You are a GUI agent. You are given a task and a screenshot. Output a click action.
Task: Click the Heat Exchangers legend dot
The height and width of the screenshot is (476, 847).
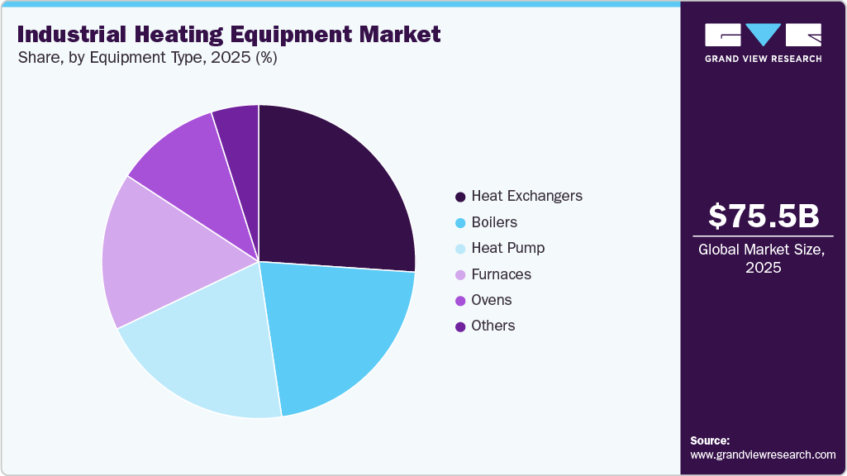[460, 197]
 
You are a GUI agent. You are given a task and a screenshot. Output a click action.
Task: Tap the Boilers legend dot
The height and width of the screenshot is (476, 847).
[460, 223]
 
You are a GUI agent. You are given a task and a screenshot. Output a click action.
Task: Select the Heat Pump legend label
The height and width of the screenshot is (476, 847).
[507, 248]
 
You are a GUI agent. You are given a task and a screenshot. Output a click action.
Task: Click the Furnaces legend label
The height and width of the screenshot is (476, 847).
[501, 274]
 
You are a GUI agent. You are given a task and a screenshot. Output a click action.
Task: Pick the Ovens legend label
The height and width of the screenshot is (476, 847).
[491, 300]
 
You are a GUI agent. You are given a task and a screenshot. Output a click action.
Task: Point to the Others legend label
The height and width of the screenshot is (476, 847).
[492, 326]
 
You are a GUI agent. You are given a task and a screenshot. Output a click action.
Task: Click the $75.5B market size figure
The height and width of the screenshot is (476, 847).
[764, 216]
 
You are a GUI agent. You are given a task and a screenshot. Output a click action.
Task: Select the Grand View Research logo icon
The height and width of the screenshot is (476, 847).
[763, 35]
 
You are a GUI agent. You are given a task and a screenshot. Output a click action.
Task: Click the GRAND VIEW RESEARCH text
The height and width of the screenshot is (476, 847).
[763, 59]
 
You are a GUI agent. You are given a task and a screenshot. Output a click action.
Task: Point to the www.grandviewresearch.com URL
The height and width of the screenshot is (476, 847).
[763, 455]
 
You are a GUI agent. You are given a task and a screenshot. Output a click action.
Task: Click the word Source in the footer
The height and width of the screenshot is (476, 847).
[710, 440]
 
